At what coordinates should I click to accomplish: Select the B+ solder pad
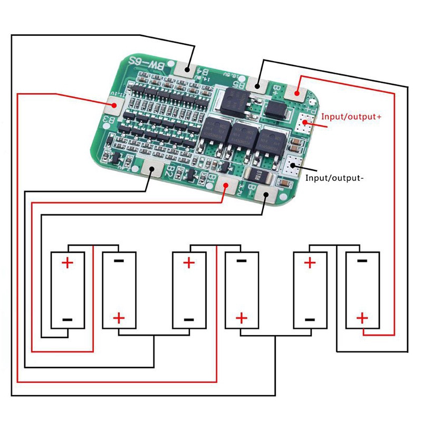[x=297, y=93]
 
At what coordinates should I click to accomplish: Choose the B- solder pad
[x=265, y=196]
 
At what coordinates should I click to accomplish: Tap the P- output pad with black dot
[x=292, y=167]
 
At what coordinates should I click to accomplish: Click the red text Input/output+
[x=351, y=117]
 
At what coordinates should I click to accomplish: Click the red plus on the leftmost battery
[x=68, y=262]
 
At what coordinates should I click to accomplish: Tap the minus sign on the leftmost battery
[x=68, y=319]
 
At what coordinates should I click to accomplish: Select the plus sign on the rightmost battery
[x=362, y=318]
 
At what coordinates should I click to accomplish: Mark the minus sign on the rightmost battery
[x=362, y=261]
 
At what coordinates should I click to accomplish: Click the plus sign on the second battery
[x=119, y=318]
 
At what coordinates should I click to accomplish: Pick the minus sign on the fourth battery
[x=242, y=261]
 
